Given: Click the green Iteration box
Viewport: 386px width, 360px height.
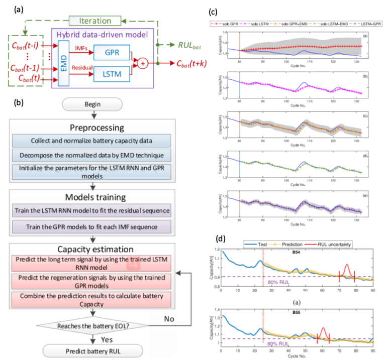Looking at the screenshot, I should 95,21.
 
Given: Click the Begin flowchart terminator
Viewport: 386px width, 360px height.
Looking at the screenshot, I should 91,104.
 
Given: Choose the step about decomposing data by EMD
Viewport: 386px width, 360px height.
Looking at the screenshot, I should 91,154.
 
